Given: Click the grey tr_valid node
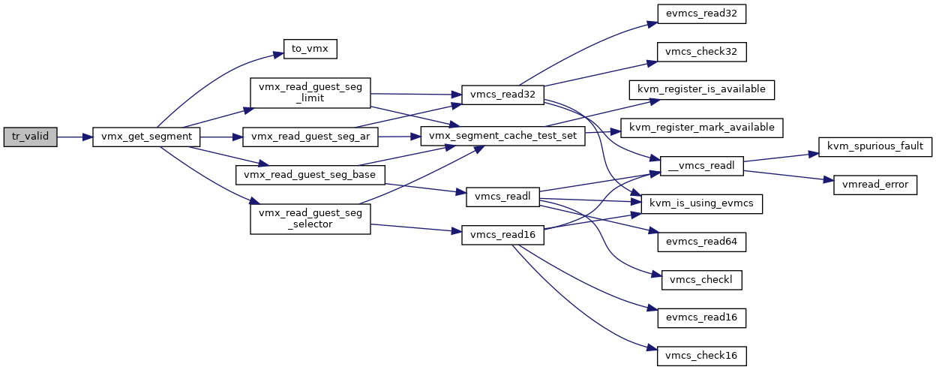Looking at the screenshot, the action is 30,137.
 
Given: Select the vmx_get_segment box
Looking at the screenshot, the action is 146,137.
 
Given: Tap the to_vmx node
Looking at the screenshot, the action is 310,49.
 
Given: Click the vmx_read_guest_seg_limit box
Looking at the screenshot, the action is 310,93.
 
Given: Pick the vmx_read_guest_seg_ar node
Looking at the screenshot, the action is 310,137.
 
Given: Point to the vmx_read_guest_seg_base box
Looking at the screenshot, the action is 310,175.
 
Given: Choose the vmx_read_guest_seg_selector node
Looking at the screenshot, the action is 310,218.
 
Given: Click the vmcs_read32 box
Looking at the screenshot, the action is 502,95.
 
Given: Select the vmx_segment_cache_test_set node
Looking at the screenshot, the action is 502,136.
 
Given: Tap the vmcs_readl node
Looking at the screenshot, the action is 502,197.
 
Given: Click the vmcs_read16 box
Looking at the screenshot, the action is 502,235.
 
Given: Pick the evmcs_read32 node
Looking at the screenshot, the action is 701,14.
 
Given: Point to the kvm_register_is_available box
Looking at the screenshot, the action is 701,89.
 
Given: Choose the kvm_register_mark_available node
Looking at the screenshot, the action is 701,128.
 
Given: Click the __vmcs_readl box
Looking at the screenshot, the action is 701,166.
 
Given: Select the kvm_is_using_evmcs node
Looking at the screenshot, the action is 701,203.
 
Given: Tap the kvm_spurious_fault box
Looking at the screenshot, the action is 875,147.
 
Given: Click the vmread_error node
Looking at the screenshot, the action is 875,185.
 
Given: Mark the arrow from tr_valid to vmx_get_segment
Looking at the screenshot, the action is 75,137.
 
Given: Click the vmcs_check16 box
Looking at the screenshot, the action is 701,356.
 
